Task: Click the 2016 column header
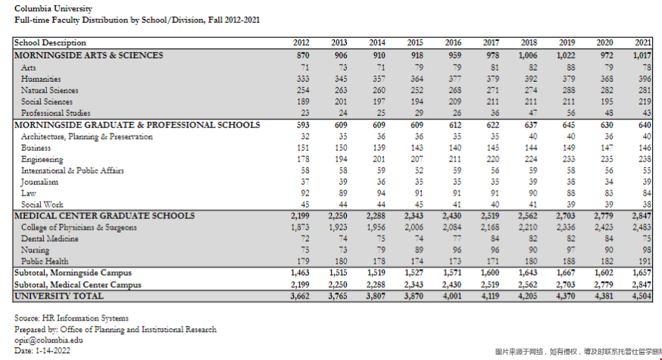point(452,43)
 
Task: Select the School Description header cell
point(50,43)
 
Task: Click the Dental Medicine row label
point(50,239)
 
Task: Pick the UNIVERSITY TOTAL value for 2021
point(642,296)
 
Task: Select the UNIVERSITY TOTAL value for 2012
point(301,296)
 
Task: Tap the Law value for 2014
point(380,193)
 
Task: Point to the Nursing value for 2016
point(455,250)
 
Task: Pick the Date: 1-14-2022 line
point(42,352)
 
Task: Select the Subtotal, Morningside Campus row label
point(73,273)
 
